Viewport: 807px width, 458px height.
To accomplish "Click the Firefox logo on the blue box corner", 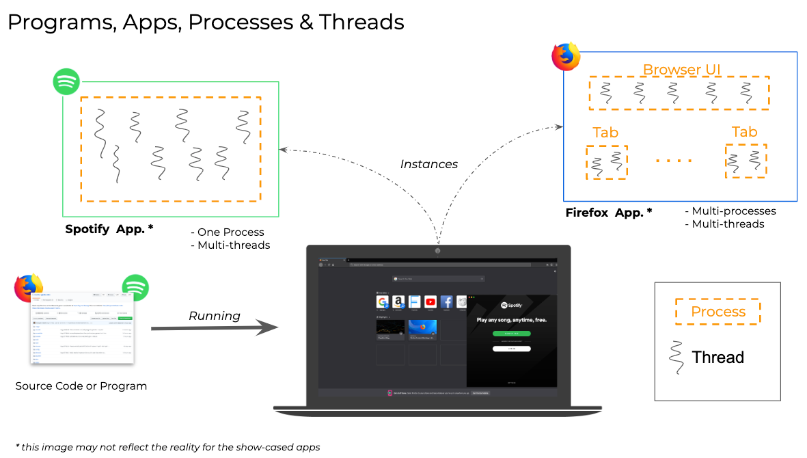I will coord(566,57).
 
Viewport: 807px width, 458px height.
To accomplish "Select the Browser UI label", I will coord(681,70).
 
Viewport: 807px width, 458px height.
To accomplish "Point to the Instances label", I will coord(428,164).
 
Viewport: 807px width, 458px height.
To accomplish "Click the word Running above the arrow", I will coord(215,316).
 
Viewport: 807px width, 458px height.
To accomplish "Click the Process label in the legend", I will coord(717,312).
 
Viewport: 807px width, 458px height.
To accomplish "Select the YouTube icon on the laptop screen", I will coord(430,301).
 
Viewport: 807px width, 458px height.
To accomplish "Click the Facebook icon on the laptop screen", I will coord(447,301).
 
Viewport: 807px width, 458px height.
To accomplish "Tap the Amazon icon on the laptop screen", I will coord(398,301).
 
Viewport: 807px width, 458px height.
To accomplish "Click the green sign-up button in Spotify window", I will coord(511,334).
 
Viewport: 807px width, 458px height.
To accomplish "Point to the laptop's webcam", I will coord(437,250).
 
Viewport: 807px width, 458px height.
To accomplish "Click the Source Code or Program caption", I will coord(81,386).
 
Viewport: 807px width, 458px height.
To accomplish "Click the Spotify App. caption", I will coord(109,230).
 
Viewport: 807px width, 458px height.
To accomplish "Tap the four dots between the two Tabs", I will coord(674,161).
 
